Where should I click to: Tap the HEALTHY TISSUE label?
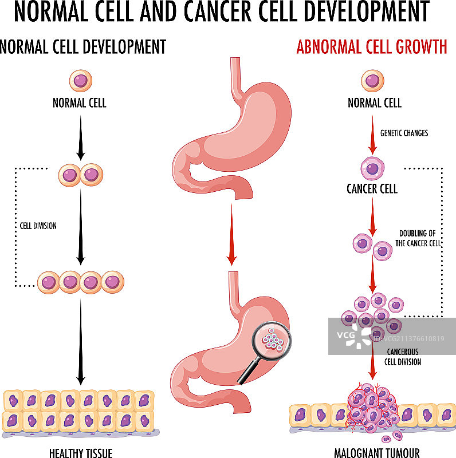(81, 453)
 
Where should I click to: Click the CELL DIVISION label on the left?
(36, 226)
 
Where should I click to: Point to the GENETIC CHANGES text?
(404, 133)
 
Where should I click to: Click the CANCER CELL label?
(372, 188)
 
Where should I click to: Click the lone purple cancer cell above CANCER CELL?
(372, 169)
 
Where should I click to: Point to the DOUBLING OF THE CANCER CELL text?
(420, 238)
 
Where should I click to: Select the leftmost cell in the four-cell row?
(49, 282)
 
